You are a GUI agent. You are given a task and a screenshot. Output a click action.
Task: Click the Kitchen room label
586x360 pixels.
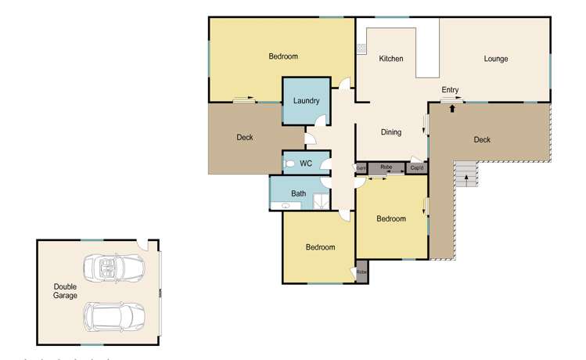pos(391,59)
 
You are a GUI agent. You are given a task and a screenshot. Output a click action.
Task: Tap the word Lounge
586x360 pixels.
pos(496,59)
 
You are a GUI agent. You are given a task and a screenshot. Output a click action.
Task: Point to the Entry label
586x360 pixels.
pos(450,90)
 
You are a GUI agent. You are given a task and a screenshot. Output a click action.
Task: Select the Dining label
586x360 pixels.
pos(391,132)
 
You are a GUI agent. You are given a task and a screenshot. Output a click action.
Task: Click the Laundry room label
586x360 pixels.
pos(306,101)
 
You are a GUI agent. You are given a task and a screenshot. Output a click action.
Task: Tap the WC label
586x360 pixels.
pos(306,164)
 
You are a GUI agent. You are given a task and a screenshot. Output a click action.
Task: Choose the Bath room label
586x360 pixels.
pos(299,193)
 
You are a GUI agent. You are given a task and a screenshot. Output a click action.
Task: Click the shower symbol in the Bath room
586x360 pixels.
pos(321,202)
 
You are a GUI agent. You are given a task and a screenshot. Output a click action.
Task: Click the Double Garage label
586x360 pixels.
pos(65,291)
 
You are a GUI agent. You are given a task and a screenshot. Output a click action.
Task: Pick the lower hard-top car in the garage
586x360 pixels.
pos(114,316)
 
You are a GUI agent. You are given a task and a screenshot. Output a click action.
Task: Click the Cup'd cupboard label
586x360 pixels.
pos(417,167)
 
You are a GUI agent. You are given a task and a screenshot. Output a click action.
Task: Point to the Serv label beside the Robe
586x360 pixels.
pos(361,167)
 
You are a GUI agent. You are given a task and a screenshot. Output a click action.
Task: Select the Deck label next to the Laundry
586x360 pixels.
pos(245,138)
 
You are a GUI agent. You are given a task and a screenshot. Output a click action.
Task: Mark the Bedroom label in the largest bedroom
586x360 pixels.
pos(283,56)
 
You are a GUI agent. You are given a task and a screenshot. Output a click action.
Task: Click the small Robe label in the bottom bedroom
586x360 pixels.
pos(361,272)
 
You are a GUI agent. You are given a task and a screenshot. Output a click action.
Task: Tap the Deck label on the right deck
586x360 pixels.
pos(482,139)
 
